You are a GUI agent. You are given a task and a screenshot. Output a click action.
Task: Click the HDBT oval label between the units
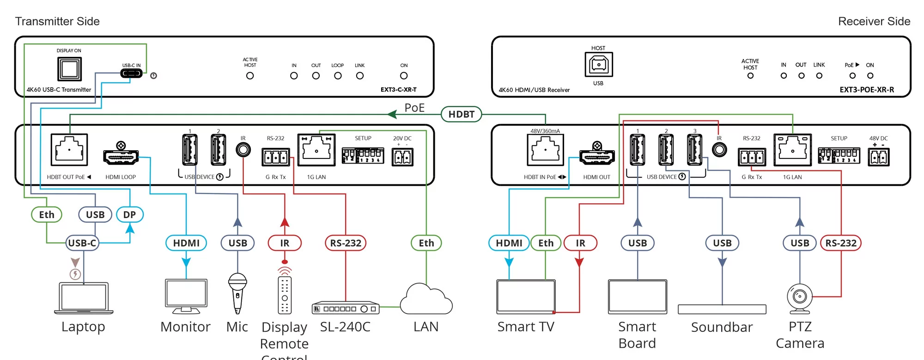tap(461, 114)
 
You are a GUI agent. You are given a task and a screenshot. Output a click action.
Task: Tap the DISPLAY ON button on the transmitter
tap(69, 69)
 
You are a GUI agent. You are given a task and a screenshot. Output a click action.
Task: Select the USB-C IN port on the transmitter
tap(131, 73)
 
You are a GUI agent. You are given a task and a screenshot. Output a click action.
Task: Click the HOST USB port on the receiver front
tap(599, 65)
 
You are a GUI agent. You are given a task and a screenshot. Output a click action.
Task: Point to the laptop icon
tap(84, 298)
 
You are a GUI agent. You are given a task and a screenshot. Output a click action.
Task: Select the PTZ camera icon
tap(800, 298)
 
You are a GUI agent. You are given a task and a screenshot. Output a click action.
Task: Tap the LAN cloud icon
tap(426, 300)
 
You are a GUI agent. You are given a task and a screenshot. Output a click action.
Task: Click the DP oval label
tap(129, 214)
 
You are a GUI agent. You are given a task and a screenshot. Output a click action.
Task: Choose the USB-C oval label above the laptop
tap(82, 243)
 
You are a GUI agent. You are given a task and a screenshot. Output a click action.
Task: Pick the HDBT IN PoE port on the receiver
tap(545, 150)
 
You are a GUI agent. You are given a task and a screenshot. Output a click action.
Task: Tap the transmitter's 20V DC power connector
tap(402, 157)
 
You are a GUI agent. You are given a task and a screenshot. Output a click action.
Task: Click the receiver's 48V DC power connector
tap(878, 157)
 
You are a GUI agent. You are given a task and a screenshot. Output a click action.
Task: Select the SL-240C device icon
tap(346, 308)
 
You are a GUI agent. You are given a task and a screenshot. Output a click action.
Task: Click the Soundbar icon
tap(722, 309)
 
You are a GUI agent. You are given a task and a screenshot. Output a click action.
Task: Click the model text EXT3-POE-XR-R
tap(867, 90)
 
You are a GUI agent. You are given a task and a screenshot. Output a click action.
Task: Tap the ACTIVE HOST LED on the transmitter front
tap(250, 76)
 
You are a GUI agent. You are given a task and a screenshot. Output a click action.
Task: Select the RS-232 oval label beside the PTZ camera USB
tap(841, 243)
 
